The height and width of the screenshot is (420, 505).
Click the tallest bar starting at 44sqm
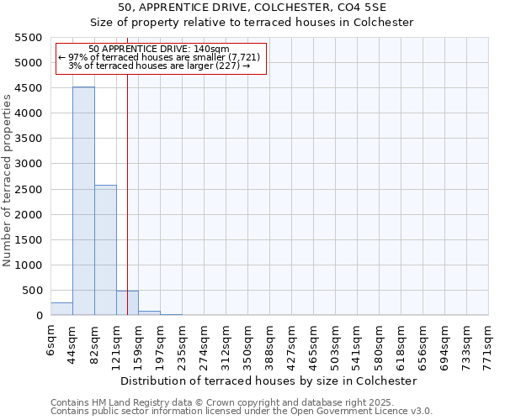(83, 202)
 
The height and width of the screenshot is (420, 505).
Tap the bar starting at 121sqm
(127, 303)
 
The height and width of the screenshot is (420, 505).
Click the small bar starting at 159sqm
(149, 312)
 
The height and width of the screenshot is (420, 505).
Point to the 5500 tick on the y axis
(29, 38)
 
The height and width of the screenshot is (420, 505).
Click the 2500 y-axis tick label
(29, 190)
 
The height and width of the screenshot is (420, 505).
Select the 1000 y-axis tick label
(29, 265)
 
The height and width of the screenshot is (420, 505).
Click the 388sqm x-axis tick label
(269, 344)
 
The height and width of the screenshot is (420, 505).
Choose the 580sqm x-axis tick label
(379, 344)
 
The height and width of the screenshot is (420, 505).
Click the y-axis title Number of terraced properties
(8, 181)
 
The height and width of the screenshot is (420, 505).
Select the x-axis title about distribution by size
(269, 381)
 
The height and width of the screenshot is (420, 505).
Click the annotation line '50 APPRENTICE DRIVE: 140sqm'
(158, 50)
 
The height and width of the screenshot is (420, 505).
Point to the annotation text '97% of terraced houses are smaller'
(158, 57)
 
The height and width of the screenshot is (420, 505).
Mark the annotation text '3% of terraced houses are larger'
(158, 66)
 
